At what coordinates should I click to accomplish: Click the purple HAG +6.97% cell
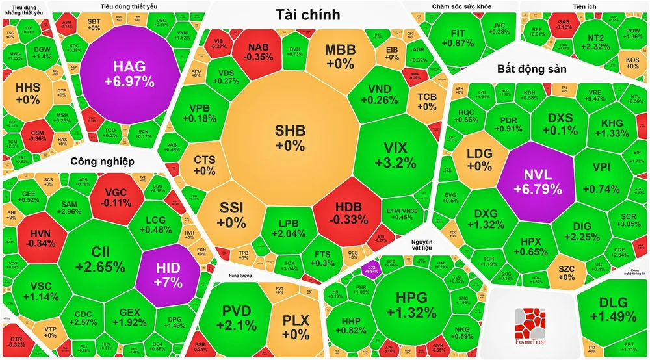click(x=133, y=73)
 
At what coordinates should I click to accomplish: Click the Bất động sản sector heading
click(x=532, y=68)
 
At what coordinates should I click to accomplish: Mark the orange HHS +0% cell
click(x=28, y=92)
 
